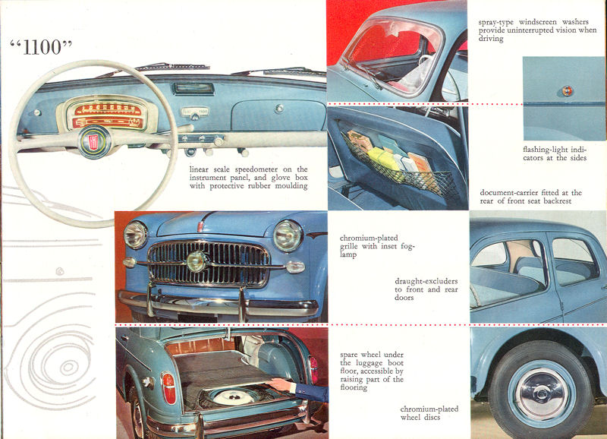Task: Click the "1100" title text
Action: pyautogui.click(x=42, y=47)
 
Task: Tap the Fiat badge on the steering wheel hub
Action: pyautogui.click(x=93, y=142)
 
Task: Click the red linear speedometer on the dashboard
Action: pyautogui.click(x=108, y=115)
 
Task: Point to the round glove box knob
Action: pyautogui.click(x=279, y=109)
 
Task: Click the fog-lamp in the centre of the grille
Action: pyautogui.click(x=197, y=261)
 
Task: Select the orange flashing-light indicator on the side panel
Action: pyautogui.click(x=567, y=91)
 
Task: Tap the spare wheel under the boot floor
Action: pyautogui.click(x=234, y=396)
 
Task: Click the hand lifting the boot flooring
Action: pyautogui.click(x=279, y=385)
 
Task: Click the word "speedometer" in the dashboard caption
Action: pyautogui.click(x=255, y=169)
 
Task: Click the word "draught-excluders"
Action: pyautogui.click(x=426, y=281)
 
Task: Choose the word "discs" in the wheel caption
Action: pyautogui.click(x=431, y=417)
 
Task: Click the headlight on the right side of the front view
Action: pyautogui.click(x=288, y=235)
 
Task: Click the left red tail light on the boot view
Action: pyautogui.click(x=168, y=388)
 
